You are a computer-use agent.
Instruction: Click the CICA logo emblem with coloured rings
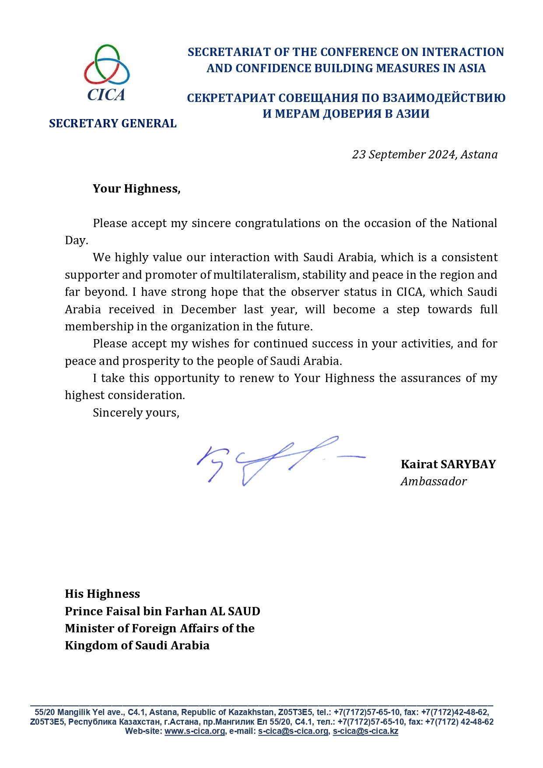[107, 64]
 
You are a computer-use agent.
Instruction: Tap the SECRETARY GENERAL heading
[112, 123]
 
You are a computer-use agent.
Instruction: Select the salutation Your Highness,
[137, 189]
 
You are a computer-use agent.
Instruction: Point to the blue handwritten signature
[280, 459]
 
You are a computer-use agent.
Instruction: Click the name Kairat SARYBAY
[448, 464]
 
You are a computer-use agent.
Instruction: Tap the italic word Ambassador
[433, 481]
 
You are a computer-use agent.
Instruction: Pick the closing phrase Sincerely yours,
[136, 413]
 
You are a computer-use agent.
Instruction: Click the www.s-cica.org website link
[195, 731]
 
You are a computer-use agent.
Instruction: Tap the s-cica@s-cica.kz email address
[365, 731]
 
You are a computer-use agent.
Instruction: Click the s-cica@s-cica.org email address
[293, 731]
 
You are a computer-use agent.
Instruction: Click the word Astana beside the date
[479, 154]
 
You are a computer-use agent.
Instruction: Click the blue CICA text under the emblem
[106, 95]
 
